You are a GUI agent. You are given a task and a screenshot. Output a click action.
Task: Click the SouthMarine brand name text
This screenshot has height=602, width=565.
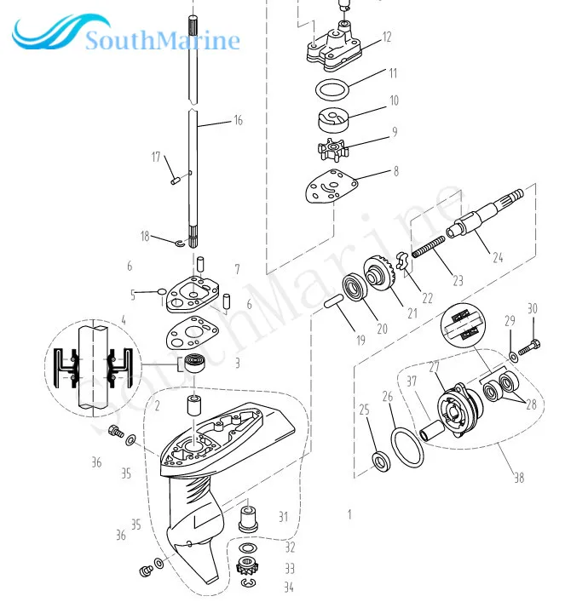(x=163, y=40)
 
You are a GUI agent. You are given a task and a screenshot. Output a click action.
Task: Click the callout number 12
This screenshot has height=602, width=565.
(x=387, y=37)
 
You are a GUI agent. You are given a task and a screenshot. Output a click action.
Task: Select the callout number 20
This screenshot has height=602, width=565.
(x=382, y=329)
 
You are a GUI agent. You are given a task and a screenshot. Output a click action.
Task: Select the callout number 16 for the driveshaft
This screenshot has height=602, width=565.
(x=238, y=121)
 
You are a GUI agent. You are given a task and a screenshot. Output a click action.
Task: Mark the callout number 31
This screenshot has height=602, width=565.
(x=284, y=516)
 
